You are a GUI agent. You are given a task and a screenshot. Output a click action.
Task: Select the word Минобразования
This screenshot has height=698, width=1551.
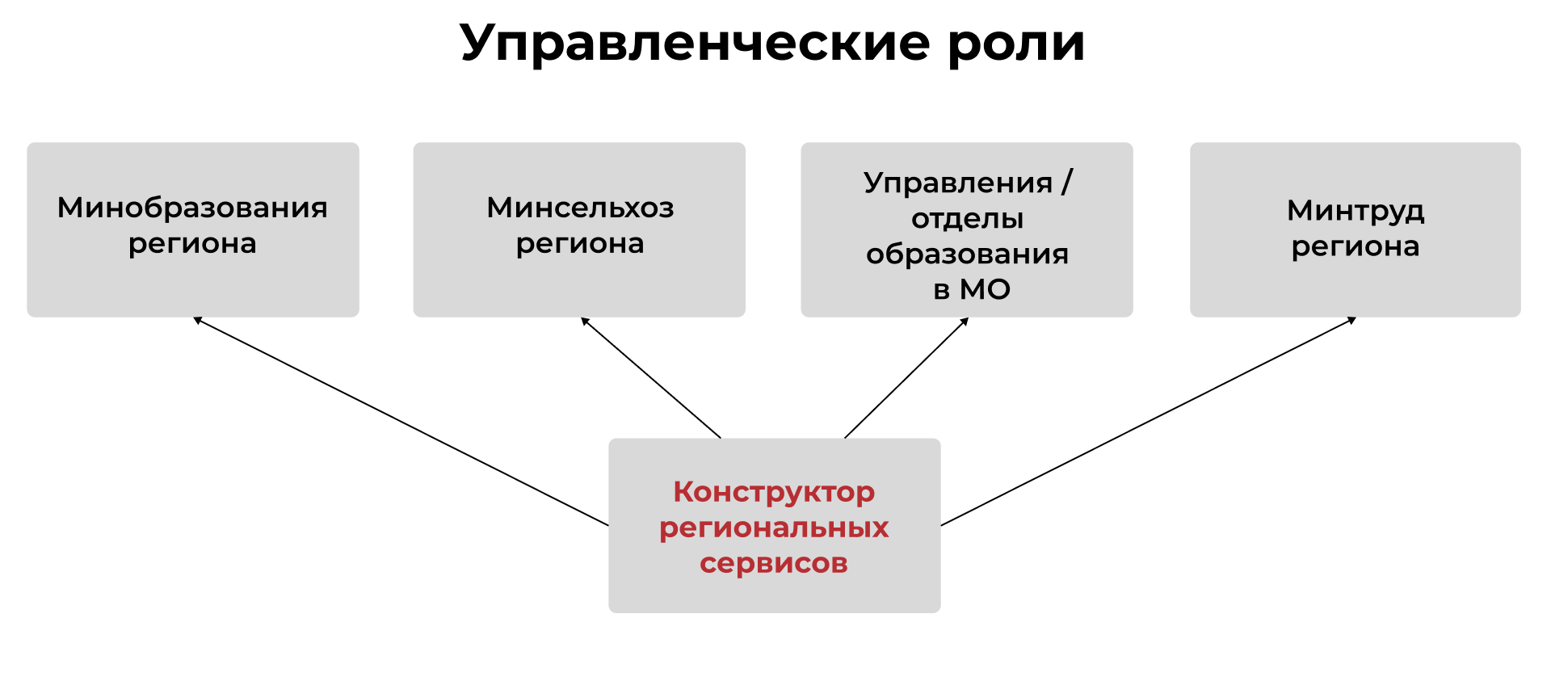coord(192,208)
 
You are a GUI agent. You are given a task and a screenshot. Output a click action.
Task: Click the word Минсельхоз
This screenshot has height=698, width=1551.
coord(580,208)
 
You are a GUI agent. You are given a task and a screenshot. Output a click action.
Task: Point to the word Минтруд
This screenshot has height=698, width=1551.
coord(1356,212)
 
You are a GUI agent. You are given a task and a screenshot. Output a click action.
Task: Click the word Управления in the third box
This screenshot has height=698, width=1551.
coord(958,183)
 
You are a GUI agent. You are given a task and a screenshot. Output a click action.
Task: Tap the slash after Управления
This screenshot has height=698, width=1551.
coord(1067,183)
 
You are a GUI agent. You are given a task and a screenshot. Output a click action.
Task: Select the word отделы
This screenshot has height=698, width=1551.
coord(968,219)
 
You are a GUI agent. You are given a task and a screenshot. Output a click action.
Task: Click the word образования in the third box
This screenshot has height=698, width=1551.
coord(967,254)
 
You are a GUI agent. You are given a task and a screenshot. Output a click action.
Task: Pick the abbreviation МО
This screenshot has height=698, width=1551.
coord(985,289)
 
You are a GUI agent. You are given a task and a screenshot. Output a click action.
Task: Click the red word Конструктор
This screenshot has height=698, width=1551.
coord(774,492)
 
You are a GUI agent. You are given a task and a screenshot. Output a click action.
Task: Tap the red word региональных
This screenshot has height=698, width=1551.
coord(774,528)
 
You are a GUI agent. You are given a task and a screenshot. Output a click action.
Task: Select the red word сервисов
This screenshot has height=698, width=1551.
coord(774,563)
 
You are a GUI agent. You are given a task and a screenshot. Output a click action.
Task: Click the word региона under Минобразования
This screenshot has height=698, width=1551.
coord(192,244)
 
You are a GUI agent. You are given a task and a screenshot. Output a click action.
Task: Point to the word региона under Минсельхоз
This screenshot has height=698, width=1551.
coord(580,244)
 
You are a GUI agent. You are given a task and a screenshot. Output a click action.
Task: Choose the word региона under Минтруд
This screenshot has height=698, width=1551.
coord(1356,247)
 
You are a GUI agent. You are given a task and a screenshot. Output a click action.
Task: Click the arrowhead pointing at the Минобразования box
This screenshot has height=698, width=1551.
coord(197,320)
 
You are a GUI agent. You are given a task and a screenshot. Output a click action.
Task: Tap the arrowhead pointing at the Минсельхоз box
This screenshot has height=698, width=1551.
coord(585,321)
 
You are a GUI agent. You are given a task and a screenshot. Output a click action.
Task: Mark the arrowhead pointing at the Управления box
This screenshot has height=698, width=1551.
coord(965,322)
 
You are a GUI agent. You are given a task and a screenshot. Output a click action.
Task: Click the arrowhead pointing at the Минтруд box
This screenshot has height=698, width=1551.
coord(1351,320)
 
